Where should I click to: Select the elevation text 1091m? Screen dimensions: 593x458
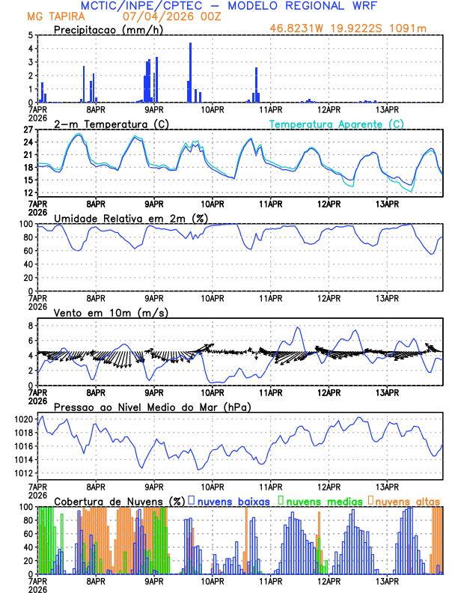click(412, 29)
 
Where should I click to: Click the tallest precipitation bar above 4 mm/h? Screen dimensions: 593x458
click(191, 72)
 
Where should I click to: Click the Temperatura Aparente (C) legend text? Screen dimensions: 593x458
click(337, 124)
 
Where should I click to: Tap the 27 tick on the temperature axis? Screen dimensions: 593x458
click(29, 129)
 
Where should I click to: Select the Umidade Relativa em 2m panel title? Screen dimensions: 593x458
click(131, 218)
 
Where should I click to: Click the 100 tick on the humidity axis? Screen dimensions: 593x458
click(25, 224)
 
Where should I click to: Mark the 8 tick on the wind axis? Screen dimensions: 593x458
click(31, 326)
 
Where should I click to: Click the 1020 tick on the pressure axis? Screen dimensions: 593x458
click(24, 419)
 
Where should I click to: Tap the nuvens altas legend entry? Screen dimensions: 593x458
click(407, 500)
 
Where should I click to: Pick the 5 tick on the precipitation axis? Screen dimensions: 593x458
click(31, 35)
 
